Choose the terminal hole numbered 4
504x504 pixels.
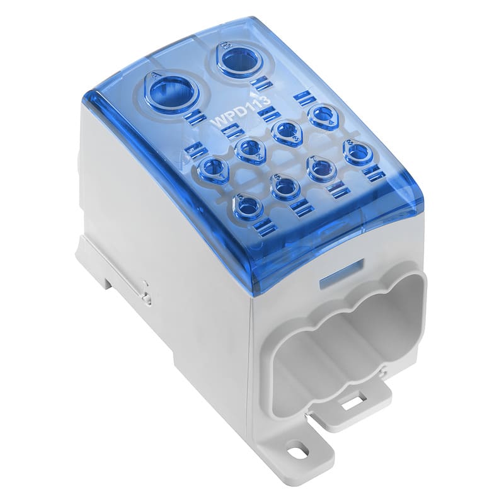[324, 115]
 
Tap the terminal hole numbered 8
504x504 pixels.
[358, 152]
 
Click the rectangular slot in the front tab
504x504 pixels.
[350, 401]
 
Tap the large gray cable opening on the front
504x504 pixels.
[340, 340]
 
